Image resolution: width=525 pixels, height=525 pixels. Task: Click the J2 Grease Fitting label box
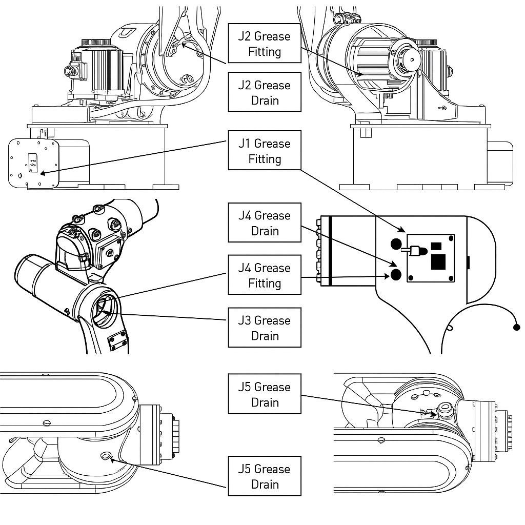point(265,44)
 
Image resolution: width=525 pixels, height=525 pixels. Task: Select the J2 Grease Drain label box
point(265,92)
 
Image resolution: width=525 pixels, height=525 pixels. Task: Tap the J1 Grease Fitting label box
point(265,151)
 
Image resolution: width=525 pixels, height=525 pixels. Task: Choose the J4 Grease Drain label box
point(265,223)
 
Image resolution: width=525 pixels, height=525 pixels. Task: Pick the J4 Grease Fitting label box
point(265,275)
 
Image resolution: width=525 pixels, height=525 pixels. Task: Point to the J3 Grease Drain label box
point(265,328)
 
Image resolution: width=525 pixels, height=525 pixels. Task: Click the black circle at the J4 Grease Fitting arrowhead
point(396,275)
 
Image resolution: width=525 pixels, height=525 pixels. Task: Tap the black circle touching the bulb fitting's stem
point(396,244)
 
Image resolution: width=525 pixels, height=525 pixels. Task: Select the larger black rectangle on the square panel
point(439,261)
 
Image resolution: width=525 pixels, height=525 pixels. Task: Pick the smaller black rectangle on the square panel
point(436,245)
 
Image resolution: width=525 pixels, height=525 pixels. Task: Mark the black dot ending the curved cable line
point(516,327)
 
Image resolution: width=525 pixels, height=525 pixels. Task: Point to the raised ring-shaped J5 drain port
point(443,409)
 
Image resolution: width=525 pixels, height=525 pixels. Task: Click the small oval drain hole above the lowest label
point(106,456)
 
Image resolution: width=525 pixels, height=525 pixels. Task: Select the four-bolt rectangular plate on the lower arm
point(117,340)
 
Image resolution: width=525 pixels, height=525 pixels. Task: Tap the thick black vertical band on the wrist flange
point(331,250)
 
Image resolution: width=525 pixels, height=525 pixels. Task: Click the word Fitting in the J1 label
point(265,159)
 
